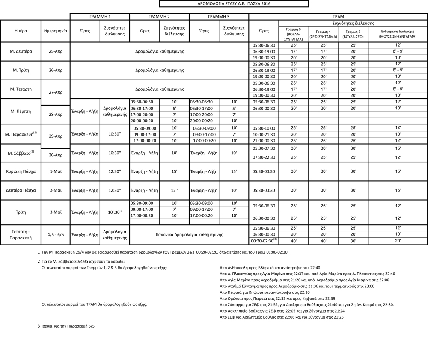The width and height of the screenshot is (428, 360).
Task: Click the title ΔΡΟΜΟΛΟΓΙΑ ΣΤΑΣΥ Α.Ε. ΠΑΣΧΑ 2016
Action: pos(233,4)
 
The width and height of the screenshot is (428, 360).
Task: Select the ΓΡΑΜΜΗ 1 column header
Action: pos(99,16)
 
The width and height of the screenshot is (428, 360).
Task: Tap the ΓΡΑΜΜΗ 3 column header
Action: pos(218,16)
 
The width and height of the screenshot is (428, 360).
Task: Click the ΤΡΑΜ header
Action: pos(338,16)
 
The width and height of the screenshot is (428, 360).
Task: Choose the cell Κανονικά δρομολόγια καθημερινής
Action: pos(189,234)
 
